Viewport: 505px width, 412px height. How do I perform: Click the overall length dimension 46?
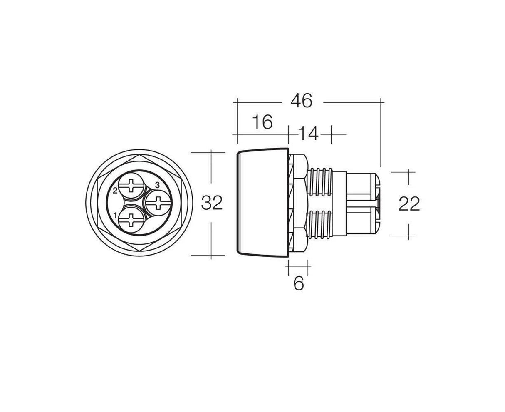(301, 101)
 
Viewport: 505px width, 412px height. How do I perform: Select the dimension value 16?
(262, 122)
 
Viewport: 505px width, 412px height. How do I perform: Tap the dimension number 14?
(308, 134)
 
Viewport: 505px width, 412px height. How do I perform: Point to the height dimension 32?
(212, 203)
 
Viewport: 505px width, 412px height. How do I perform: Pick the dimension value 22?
(409, 204)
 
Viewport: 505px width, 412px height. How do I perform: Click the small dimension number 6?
(299, 283)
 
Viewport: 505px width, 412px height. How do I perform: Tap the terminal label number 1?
(115, 215)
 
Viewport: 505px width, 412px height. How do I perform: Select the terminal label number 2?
(115, 191)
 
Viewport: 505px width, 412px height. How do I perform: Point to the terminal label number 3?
(157, 184)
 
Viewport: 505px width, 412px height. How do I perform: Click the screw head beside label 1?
(132, 218)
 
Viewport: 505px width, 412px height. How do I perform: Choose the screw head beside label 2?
(132, 187)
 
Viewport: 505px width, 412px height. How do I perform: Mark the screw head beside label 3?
(158, 203)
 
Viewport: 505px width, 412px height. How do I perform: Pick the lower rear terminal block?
(362, 223)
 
